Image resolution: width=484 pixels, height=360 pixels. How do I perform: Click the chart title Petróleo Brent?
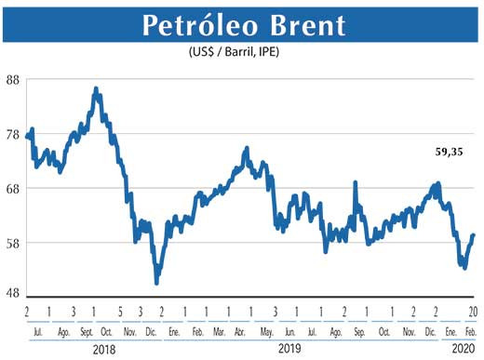tap(241, 26)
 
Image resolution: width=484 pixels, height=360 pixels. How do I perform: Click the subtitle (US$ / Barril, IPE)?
tap(240, 53)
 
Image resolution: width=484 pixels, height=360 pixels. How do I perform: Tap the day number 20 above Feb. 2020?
tap(473, 311)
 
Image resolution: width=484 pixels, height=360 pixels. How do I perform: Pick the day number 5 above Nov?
tap(120, 311)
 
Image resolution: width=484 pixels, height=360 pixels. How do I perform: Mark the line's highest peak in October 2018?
tap(96, 88)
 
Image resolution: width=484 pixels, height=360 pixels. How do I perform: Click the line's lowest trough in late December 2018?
tap(156, 282)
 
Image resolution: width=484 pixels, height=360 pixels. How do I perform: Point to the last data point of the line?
tap(473, 235)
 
